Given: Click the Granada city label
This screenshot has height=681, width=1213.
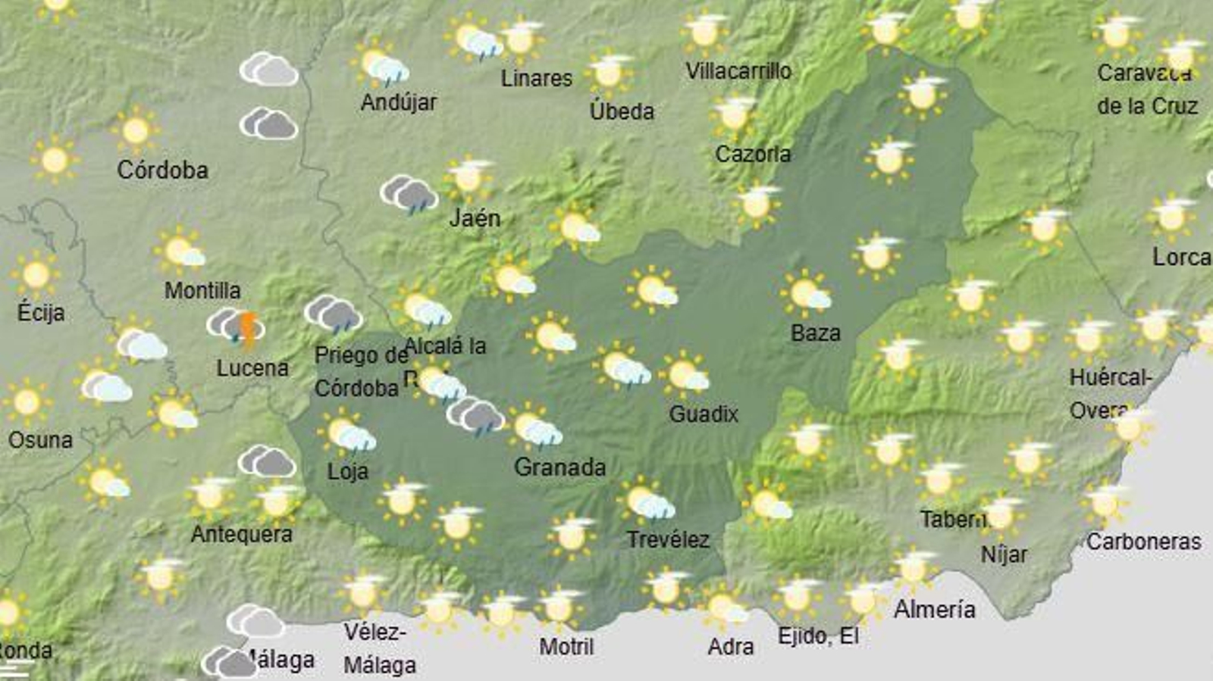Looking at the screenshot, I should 559,467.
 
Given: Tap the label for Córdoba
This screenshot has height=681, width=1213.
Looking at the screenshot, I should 162,170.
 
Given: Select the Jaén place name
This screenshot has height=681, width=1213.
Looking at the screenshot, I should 475,218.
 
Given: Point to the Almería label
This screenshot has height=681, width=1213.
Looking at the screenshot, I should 934,609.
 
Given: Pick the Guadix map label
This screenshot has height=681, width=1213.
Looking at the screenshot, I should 704,414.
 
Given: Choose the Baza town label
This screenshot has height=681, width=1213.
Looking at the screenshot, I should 815,333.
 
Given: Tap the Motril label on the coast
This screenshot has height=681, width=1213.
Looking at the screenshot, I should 566,647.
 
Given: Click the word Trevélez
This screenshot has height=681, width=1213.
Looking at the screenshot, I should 668,540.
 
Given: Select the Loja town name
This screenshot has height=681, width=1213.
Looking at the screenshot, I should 347,471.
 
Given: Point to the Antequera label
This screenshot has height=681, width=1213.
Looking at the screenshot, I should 241,534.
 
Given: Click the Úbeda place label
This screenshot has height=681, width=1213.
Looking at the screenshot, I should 622,111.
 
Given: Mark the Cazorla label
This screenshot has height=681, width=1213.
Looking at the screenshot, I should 753,154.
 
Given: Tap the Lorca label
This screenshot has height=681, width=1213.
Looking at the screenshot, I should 1180,258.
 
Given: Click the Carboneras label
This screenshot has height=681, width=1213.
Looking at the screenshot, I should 1143,542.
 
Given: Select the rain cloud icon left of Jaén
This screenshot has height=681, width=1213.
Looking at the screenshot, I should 409,195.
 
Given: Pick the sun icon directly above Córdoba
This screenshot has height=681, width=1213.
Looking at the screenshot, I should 136,130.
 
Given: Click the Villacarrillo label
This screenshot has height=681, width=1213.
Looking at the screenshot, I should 738,71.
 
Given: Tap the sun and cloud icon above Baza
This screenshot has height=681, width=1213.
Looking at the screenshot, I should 806,293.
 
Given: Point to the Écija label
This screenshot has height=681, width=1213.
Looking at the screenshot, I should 41,312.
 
